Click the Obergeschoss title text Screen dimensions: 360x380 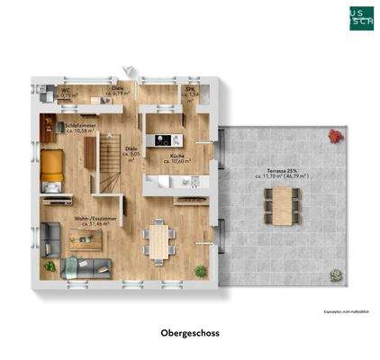(x=189, y=332)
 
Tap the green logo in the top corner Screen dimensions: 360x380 (x=358, y=18)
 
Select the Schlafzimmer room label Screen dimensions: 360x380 (x=81, y=129)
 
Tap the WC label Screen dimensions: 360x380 (x=67, y=92)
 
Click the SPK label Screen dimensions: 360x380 (x=191, y=91)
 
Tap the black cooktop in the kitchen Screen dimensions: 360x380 (x=163, y=139)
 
